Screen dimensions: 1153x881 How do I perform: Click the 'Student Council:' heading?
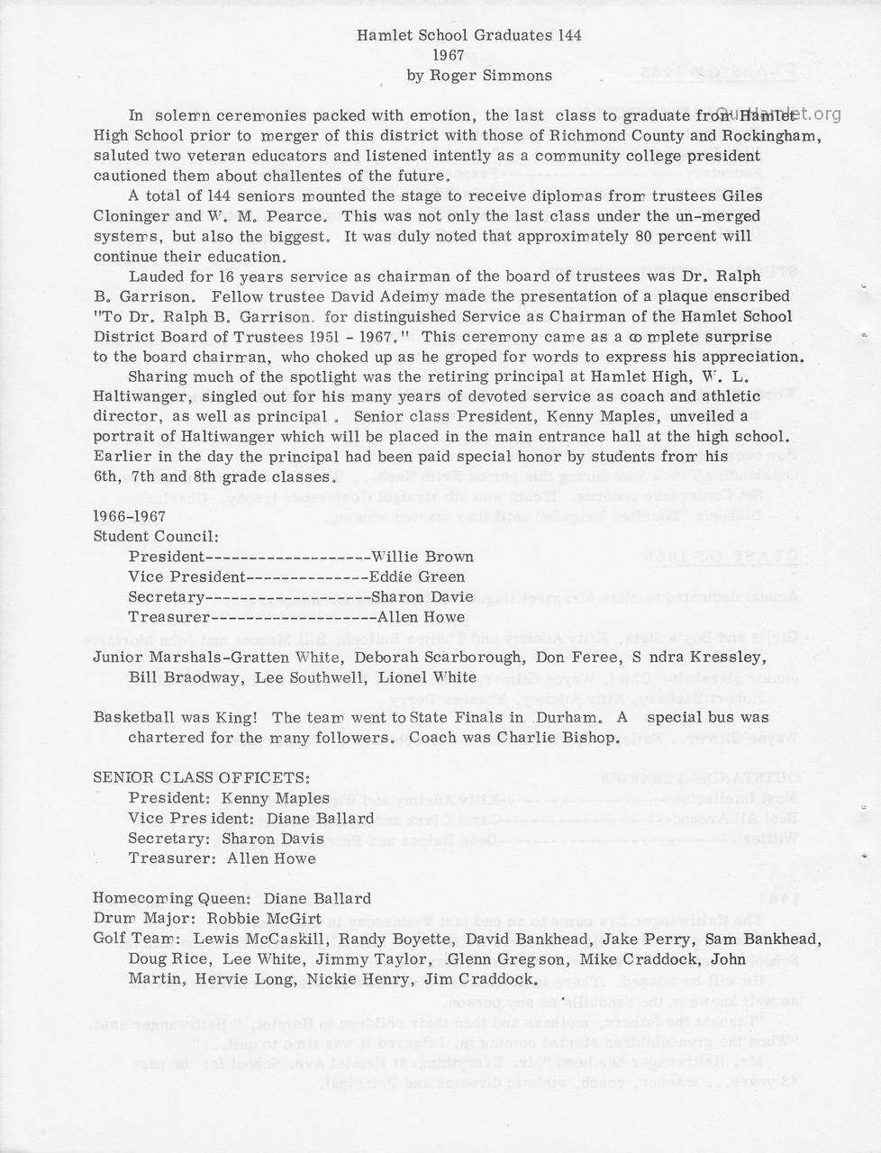point(150,537)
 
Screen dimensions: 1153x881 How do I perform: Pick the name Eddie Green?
point(417,576)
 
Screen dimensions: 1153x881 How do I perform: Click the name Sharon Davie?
point(422,596)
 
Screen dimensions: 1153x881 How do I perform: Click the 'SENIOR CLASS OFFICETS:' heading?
point(202,777)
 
